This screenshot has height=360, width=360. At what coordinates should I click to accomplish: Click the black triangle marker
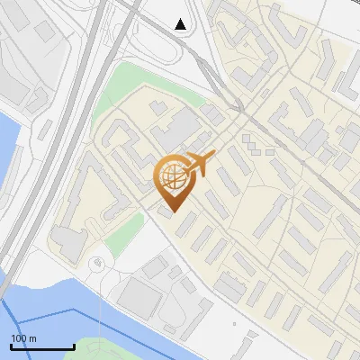click(x=181, y=24)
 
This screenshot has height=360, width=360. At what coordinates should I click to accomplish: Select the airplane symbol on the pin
click(x=200, y=164)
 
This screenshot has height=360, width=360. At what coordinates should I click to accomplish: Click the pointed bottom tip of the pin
click(x=171, y=211)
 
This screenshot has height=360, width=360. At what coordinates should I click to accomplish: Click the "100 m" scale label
click(x=24, y=338)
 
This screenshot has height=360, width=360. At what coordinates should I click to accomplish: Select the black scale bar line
click(x=42, y=347)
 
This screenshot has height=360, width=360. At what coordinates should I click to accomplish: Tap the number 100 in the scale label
click(x=20, y=338)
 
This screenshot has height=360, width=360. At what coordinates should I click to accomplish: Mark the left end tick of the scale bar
click(x=12, y=346)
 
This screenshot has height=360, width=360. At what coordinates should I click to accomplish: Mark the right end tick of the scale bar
click(x=74, y=346)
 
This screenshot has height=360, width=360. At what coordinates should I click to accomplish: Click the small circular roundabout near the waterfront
click(x=97, y=263)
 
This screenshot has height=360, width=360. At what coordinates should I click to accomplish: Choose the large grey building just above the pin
click(x=176, y=130)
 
